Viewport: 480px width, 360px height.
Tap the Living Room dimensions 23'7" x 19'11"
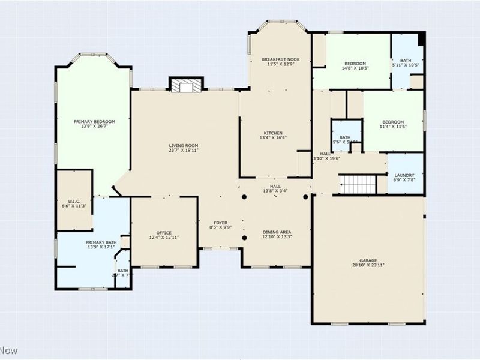pyautogui.click(x=183, y=151)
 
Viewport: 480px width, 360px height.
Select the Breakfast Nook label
pyautogui.click(x=281, y=59)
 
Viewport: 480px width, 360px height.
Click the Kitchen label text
pyautogui.click(x=273, y=133)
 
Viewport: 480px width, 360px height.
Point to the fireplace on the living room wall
pyautogui.click(x=184, y=86)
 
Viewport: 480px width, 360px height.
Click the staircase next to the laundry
pyautogui.click(x=358, y=184)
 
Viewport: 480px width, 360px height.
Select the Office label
pyautogui.click(x=164, y=233)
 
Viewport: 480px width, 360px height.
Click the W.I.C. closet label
pyautogui.click(x=74, y=201)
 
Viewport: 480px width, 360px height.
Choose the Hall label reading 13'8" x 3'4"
pyautogui.click(x=275, y=187)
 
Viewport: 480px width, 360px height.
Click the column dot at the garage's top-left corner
pyautogui.click(x=305, y=197)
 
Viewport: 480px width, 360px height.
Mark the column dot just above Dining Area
pyautogui.click(x=244, y=197)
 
